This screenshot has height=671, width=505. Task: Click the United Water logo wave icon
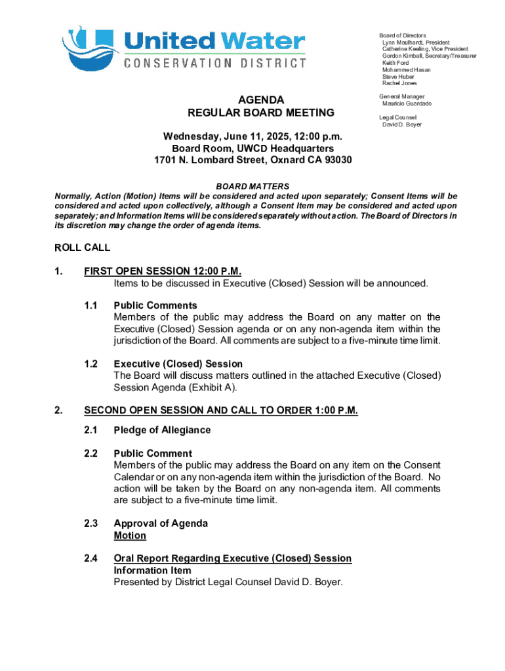click(89, 49)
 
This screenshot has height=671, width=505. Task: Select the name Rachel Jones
click(399, 83)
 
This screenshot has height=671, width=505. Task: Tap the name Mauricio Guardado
click(407, 104)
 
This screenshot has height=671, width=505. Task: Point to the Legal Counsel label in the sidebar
click(397, 117)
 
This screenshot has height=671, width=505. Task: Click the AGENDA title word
click(261, 100)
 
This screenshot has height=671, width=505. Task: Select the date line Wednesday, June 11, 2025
click(253, 137)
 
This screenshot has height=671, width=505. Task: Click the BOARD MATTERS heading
click(253, 187)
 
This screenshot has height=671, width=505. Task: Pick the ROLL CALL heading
click(82, 248)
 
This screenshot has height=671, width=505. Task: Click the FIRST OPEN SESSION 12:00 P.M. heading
click(167, 272)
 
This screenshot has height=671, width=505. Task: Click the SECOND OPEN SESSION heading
click(221, 411)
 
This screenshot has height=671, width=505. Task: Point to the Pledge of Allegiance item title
click(162, 430)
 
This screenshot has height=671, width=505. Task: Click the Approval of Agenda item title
click(161, 524)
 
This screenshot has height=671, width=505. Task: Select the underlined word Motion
click(130, 535)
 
